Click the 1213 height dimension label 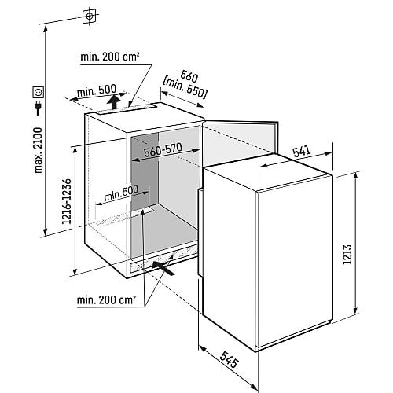click(x=347, y=255)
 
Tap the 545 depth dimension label click(x=230, y=359)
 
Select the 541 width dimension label click(x=301, y=152)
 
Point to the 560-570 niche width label click(x=163, y=150)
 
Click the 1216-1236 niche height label click(x=67, y=201)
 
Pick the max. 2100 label click(x=39, y=150)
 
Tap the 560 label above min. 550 click(x=189, y=76)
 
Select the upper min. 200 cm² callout click(x=110, y=57)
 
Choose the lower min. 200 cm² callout click(x=106, y=300)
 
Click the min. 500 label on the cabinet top click(x=97, y=90)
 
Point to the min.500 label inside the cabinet click(x=121, y=193)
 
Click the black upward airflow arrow click(x=114, y=102)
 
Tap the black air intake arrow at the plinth click(x=163, y=268)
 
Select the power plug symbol click(x=39, y=108)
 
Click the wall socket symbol click(x=38, y=92)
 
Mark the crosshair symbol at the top click(x=90, y=17)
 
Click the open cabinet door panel click(x=240, y=143)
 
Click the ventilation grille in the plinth click(x=163, y=261)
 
